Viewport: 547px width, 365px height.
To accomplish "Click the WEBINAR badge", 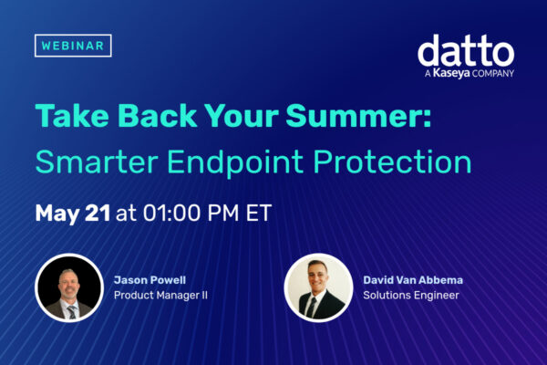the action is click(73, 46).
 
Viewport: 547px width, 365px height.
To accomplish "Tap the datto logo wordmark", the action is click(466, 51).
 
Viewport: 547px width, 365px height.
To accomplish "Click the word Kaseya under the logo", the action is click(451, 73).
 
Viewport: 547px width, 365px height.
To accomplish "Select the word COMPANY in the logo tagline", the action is click(493, 74).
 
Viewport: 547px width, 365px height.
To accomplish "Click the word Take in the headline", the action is click(72, 116).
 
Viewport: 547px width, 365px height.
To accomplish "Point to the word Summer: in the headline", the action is click(359, 116).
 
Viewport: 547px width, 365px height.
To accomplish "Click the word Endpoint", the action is click(235, 162).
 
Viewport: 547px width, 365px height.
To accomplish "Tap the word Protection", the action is click(392, 162).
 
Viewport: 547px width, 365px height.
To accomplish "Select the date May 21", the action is click(73, 213).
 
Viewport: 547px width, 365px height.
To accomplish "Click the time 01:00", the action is click(171, 213).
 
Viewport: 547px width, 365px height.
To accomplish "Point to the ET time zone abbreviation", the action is click(259, 213).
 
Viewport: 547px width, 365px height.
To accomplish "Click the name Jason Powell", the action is click(150, 280).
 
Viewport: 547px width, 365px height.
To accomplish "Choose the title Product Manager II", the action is click(160, 296).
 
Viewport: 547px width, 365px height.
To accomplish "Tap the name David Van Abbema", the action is click(413, 280).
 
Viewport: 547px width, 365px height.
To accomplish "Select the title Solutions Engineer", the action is click(411, 296).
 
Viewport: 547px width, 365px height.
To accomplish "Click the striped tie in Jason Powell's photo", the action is click(72, 312).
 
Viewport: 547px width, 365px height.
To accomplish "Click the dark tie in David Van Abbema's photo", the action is click(311, 308).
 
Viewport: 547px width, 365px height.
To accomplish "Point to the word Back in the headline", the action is click(158, 116).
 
